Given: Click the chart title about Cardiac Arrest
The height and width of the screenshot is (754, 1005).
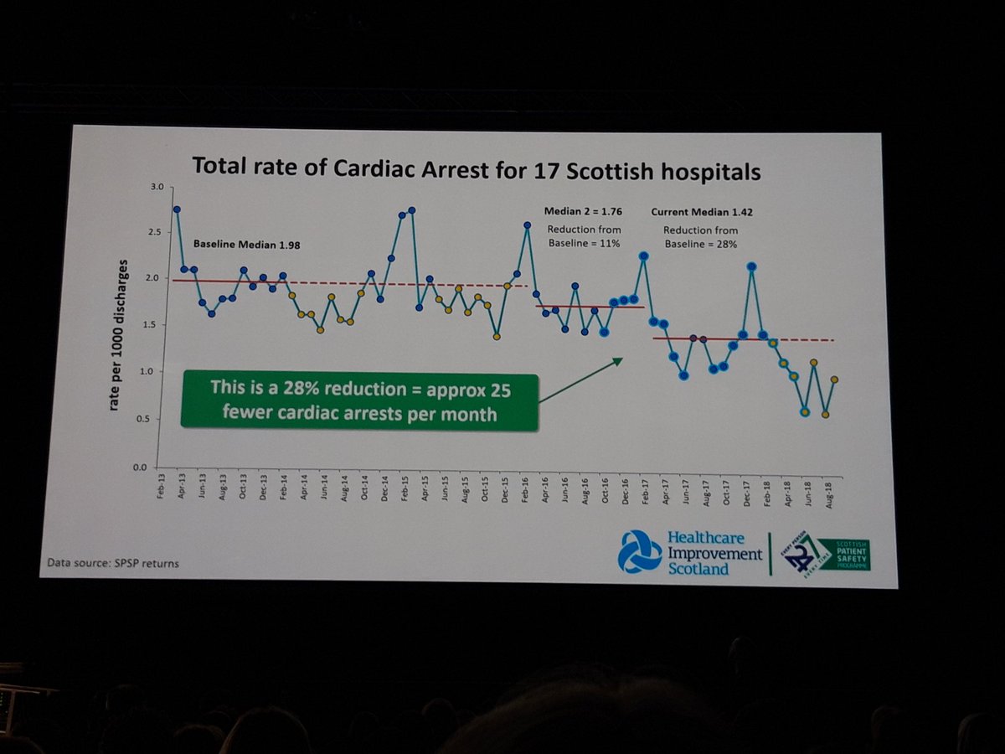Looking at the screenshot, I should pos(476,167).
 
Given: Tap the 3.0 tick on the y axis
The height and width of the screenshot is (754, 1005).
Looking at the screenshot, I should pos(157,187).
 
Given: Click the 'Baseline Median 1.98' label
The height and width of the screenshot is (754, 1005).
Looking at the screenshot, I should pos(246,245).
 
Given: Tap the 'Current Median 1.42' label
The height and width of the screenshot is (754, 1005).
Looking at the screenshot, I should pos(701,213).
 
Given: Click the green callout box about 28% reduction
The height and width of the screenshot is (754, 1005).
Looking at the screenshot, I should pos(358,401).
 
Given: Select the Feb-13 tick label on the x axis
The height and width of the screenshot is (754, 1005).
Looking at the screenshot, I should pos(161,488).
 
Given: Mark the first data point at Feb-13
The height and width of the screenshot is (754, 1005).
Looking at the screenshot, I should pos(177,209).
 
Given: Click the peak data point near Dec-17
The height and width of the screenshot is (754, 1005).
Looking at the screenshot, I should pos(752,266).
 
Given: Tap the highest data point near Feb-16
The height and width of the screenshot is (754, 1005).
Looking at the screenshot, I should pos(528,225).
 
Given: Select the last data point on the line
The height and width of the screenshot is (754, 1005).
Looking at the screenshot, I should pos(834,380).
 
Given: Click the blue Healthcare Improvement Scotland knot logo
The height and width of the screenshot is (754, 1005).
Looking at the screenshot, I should pos(640,551).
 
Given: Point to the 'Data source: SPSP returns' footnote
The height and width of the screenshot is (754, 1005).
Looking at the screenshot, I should pos(113,563).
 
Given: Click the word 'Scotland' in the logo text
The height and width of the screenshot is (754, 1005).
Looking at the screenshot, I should pos(698,569).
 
